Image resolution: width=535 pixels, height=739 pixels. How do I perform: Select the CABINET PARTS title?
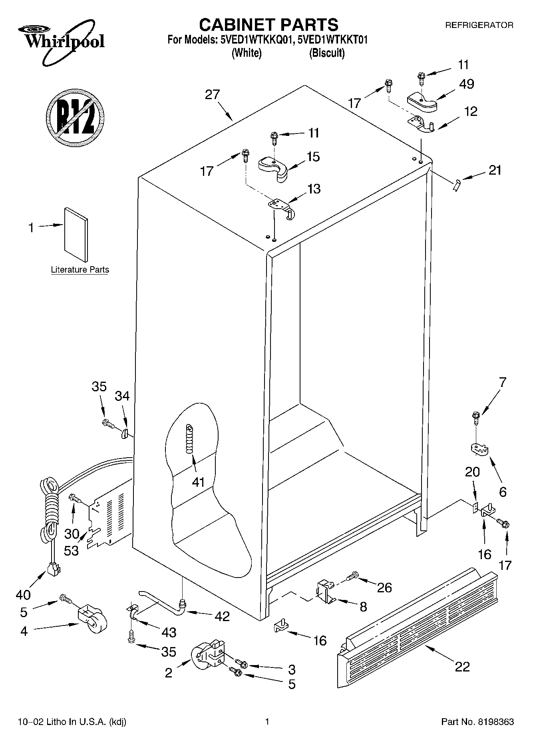268,25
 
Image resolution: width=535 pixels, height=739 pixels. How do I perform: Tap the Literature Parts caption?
80,270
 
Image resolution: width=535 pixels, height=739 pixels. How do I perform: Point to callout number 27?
213,95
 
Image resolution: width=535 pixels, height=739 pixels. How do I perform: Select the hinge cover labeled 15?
274,168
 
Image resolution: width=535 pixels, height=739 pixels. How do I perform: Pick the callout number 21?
495,170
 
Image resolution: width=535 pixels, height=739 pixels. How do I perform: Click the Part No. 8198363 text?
477,722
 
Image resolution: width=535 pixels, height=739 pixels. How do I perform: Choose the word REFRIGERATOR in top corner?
479,25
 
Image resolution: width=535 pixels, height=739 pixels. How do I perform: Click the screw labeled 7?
475,418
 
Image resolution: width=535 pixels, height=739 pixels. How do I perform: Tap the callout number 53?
72,550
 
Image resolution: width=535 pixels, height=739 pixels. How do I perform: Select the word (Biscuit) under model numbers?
326,53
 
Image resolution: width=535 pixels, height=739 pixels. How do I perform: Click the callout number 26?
384,587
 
